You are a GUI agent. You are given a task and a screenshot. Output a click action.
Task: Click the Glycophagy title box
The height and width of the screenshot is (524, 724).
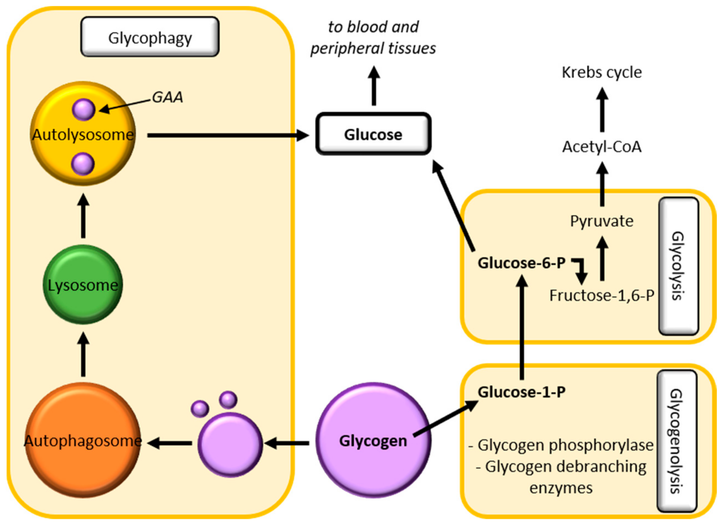coord(150,37)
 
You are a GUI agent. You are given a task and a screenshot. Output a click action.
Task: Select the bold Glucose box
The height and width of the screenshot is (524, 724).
coord(373,134)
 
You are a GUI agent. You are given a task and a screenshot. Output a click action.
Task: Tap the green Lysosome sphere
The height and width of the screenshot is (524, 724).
coord(83,285)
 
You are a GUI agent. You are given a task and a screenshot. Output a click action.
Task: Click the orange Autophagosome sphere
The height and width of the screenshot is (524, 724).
coord(83,441)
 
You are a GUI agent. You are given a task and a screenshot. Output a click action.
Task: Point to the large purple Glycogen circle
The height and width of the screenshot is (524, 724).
coord(373,441)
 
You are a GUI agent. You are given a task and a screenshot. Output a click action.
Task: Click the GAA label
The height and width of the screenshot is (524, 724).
coord(167,97)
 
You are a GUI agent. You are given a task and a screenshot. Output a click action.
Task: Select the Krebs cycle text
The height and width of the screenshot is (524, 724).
coord(602,72)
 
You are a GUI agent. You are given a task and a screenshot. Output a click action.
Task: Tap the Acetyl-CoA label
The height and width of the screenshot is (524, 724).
coord(602,147)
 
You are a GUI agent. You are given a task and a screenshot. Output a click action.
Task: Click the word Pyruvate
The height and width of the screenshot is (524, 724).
coord(602,221)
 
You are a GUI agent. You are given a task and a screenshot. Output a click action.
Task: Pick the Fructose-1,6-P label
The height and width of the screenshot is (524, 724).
coord(602,295)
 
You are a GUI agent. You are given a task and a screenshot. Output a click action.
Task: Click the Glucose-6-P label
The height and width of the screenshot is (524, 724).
coord(521,263)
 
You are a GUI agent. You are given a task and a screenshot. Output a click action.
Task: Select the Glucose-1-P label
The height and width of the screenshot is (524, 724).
coord(521,392)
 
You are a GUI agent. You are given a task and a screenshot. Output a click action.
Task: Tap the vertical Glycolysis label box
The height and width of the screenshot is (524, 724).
coord(678,266)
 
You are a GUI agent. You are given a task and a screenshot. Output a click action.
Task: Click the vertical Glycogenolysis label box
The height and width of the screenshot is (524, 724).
coord(676,441)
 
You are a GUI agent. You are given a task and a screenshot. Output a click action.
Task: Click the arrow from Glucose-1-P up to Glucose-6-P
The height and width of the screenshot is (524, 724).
coord(522,329)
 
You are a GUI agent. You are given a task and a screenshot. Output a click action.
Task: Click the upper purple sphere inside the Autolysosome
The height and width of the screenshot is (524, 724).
coord(84,110)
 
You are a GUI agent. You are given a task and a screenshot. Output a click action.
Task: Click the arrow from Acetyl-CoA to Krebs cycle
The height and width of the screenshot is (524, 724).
coord(602,110)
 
